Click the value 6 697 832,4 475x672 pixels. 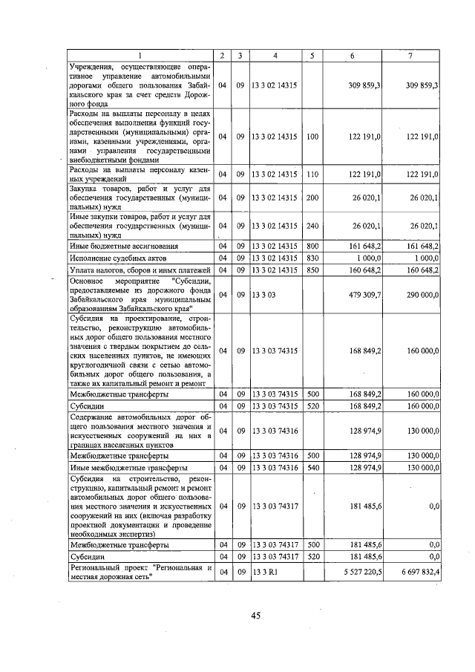418,573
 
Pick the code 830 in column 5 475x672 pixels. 312,257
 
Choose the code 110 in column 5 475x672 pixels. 312,174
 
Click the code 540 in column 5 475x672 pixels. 312,468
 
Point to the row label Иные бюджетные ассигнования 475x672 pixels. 124,245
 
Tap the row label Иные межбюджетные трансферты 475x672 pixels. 123,468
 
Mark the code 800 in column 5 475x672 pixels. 312,245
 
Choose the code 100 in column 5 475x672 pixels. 312,137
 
